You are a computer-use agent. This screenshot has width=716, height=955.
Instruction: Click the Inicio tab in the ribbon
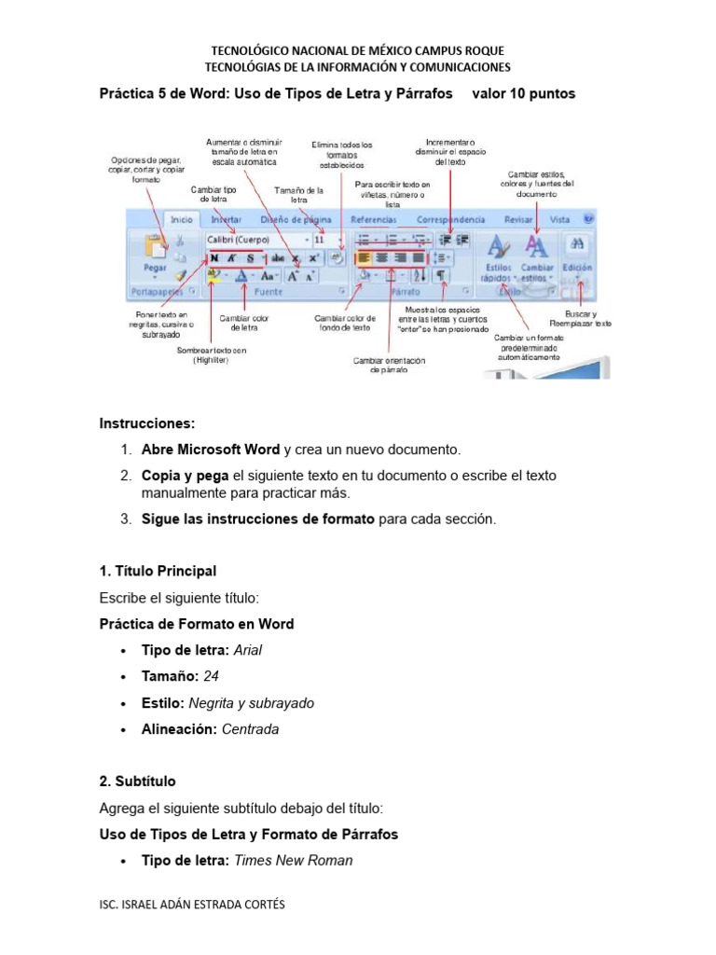point(182,220)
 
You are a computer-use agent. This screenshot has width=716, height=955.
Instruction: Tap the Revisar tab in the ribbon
point(518,220)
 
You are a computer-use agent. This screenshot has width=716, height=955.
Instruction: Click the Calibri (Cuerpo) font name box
point(252,239)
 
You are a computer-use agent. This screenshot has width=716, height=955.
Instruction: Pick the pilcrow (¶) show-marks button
point(441,275)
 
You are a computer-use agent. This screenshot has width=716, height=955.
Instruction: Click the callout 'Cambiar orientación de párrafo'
point(389,365)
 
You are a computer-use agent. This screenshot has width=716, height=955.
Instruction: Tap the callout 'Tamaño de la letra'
point(298,195)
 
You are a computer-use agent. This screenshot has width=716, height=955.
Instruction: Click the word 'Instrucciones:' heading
point(147,422)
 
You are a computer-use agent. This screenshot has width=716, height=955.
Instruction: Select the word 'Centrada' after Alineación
point(250,729)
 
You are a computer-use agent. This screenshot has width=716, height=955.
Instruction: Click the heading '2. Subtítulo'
point(137,782)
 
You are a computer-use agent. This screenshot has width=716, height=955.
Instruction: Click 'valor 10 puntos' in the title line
point(524,94)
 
